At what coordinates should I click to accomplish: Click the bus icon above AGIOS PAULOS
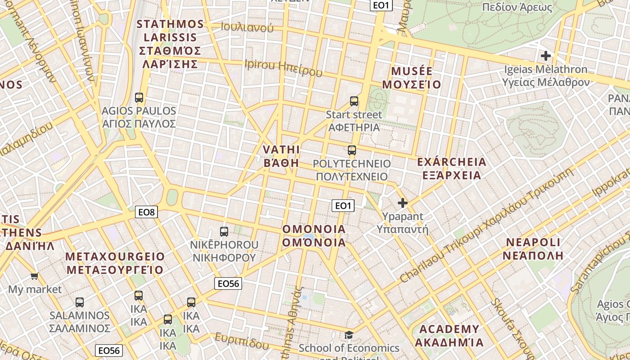click(x=139, y=97)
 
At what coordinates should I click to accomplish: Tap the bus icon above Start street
click(x=354, y=101)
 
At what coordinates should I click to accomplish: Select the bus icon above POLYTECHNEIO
click(x=352, y=150)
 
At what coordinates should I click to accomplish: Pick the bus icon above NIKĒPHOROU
click(x=224, y=232)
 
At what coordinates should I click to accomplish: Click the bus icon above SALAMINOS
click(x=80, y=302)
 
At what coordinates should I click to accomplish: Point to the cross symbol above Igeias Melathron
click(x=546, y=56)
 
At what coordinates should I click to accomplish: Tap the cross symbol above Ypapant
click(x=403, y=203)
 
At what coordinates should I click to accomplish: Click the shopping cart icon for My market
click(x=35, y=276)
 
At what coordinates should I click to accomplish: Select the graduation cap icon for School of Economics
click(x=349, y=335)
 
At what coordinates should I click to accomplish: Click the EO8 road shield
click(x=147, y=212)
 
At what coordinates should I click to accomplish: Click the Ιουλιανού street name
click(x=247, y=27)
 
